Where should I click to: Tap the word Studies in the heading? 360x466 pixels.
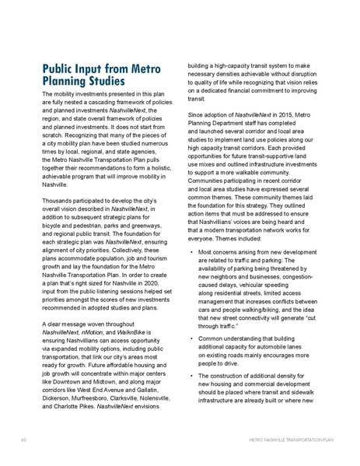point(103,81)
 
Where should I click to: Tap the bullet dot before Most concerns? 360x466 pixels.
point(191,253)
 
